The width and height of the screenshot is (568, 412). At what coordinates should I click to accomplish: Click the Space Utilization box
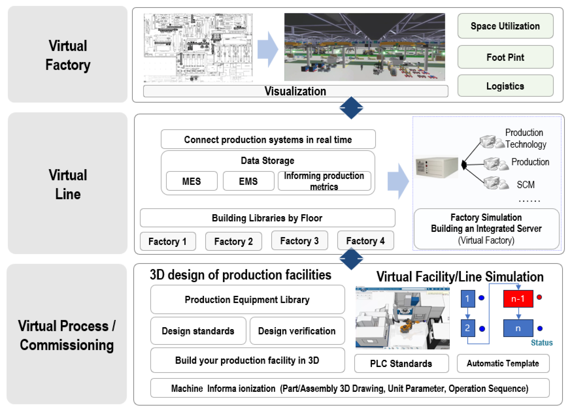(505, 26)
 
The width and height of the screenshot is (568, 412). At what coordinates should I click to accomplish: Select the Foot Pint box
(505, 57)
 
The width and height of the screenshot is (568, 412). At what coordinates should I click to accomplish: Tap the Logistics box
(505, 86)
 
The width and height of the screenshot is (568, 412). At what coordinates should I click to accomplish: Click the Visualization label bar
(295, 91)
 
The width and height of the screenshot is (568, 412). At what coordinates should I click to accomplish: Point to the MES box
(192, 181)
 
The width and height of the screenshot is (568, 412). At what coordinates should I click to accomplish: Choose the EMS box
(248, 181)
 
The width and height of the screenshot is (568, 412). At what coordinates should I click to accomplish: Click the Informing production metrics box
(324, 181)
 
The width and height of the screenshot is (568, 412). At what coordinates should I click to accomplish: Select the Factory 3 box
(299, 241)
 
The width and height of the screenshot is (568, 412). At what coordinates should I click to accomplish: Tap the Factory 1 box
(168, 241)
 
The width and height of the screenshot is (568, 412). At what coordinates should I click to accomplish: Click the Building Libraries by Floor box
(267, 218)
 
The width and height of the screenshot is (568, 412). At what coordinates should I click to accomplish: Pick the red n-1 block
(518, 299)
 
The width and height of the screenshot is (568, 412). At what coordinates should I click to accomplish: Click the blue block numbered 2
(468, 328)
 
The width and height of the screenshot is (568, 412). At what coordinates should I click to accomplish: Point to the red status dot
(539, 297)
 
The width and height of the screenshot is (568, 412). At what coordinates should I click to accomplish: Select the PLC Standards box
(401, 363)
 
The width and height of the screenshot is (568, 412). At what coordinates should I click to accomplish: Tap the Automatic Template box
(503, 363)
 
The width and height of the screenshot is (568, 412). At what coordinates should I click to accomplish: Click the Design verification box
(297, 331)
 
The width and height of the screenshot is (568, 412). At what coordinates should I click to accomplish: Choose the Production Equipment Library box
(247, 299)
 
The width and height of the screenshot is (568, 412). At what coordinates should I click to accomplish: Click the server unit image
(437, 167)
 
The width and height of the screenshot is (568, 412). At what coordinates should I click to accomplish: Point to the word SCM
(526, 184)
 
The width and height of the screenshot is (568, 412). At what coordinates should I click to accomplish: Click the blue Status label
(542, 343)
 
